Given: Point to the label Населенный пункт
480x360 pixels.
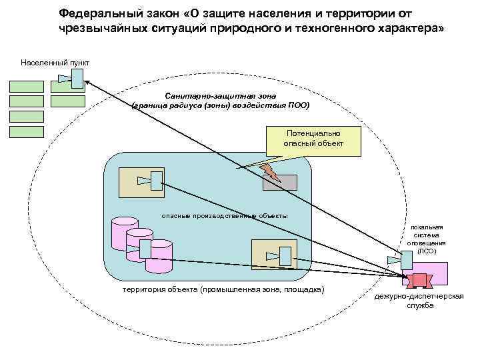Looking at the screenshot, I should coord(55,63).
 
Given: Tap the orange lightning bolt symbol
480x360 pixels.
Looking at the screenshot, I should coord(270,171).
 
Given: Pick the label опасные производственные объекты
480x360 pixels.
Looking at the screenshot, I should coord(225,215).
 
